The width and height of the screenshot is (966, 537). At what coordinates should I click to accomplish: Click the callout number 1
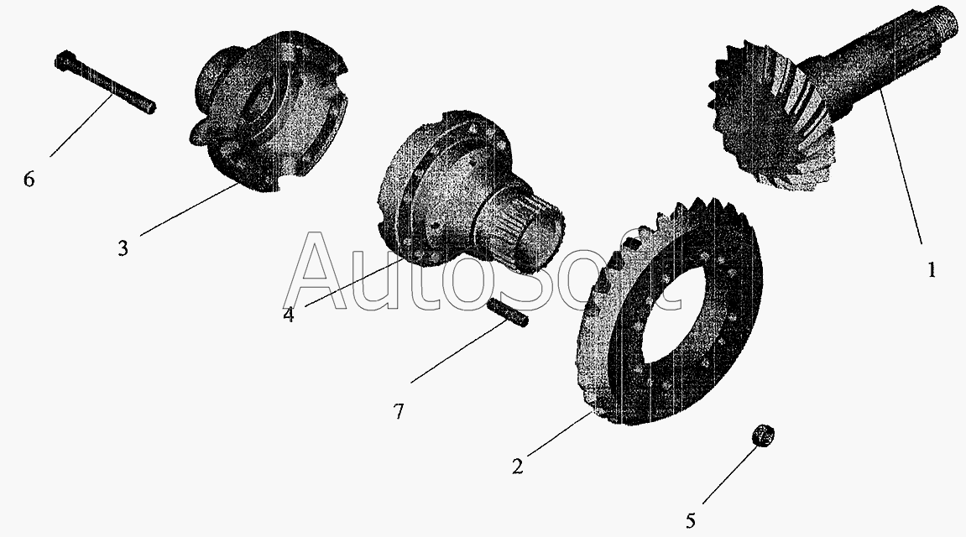pyautogui.click(x=932, y=269)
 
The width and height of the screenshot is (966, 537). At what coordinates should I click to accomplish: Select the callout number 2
pyautogui.click(x=518, y=467)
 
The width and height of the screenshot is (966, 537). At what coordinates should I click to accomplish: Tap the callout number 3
pyautogui.click(x=123, y=248)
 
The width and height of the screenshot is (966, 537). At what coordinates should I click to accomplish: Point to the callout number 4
pyautogui.click(x=289, y=314)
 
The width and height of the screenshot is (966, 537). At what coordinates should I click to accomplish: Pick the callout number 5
pyautogui.click(x=691, y=521)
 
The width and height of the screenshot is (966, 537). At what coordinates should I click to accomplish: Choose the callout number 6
pyautogui.click(x=29, y=180)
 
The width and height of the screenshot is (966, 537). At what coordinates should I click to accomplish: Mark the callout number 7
pyautogui.click(x=399, y=411)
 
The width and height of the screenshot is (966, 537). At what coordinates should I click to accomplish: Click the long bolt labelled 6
pyautogui.click(x=106, y=82)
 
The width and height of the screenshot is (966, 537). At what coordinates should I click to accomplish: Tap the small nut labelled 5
pyautogui.click(x=763, y=435)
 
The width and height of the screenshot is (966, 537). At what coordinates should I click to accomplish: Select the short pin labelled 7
pyautogui.click(x=508, y=312)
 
